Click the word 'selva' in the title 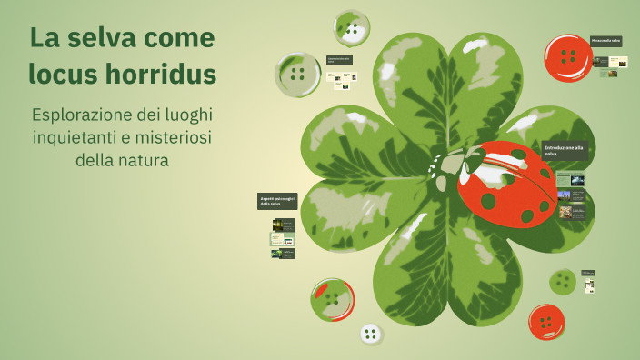[x=95, y=38]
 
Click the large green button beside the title [x=297, y=75]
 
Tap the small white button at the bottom [x=370, y=334]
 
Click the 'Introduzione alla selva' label [x=564, y=150]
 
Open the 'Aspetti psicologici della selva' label [x=277, y=201]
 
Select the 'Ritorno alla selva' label [x=605, y=41]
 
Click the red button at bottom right [x=546, y=322]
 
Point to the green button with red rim [x=332, y=299]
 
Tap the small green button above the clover [x=351, y=28]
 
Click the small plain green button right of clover [x=563, y=282]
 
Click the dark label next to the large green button [x=339, y=60]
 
